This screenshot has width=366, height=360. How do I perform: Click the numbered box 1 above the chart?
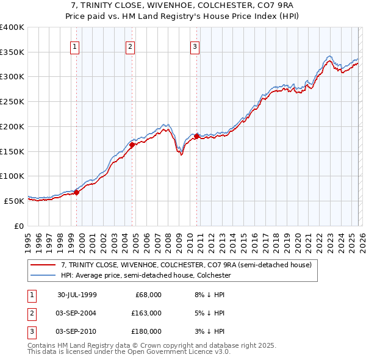pyautogui.click(x=74, y=46)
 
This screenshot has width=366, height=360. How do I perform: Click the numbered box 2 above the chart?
pyautogui.click(x=131, y=46)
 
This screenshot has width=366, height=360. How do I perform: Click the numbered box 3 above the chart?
pyautogui.click(x=195, y=46)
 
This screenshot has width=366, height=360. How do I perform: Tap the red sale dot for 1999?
pyautogui.click(x=77, y=192)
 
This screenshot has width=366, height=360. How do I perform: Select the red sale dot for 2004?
pyautogui.click(x=132, y=145)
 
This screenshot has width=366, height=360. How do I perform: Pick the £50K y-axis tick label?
pyautogui.click(x=15, y=201)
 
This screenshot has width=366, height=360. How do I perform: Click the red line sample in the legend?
pyautogui.click(x=43, y=265)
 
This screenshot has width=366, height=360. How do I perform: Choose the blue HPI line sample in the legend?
pyautogui.click(x=43, y=275)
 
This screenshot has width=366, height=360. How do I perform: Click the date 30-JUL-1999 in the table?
pyautogui.click(x=77, y=295)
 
